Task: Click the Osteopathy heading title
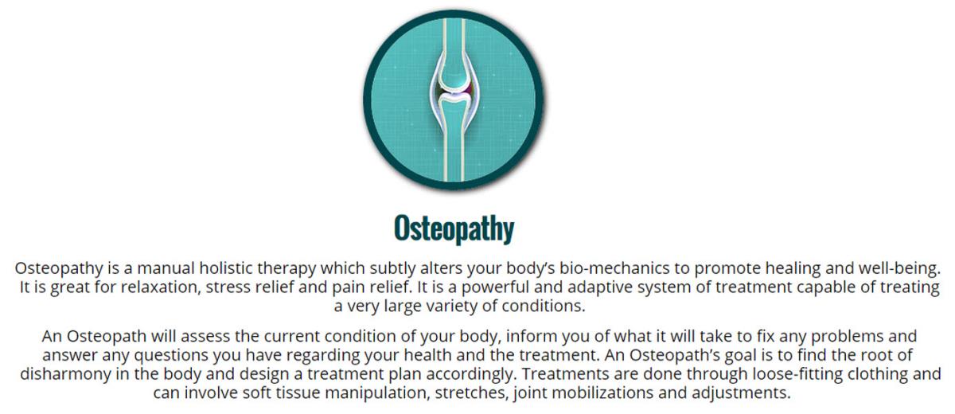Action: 454,228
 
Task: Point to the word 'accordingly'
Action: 470,374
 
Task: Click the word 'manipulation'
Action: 377,393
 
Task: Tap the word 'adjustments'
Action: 741,393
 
